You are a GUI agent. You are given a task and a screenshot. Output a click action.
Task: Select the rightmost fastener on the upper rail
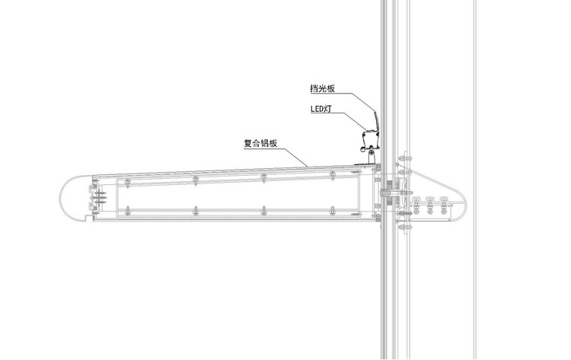pos(333,177)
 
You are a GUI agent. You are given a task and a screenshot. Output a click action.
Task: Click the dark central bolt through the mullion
pos(389,196)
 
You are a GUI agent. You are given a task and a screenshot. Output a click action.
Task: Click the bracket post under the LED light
pos(372,157)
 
